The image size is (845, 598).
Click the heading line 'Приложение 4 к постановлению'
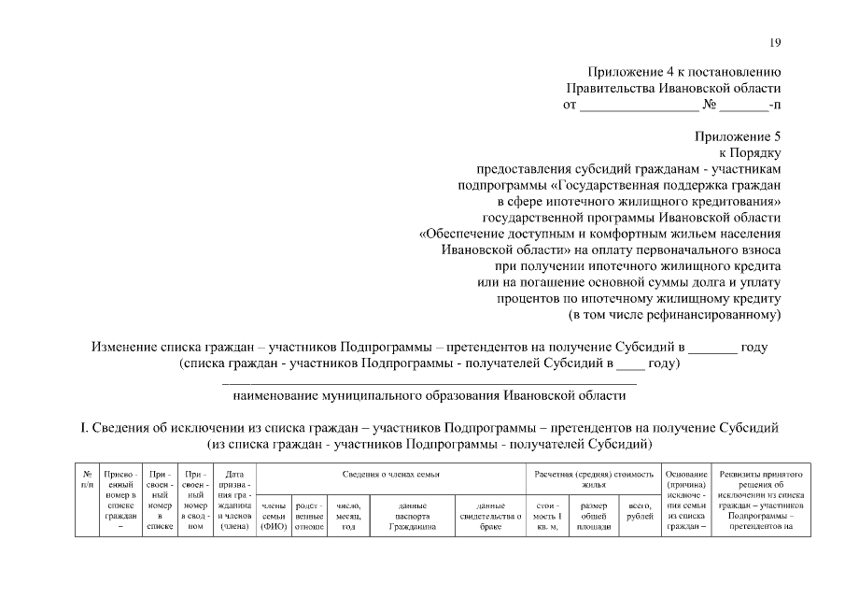(x=683, y=72)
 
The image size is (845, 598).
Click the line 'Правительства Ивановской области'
(x=673, y=88)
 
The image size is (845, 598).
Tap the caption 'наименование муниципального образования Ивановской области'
(x=429, y=395)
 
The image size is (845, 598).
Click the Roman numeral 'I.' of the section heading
(x=83, y=427)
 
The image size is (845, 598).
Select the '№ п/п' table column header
(x=87, y=480)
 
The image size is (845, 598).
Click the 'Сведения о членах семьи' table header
(x=390, y=475)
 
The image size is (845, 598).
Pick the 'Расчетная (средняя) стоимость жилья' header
(x=594, y=480)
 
